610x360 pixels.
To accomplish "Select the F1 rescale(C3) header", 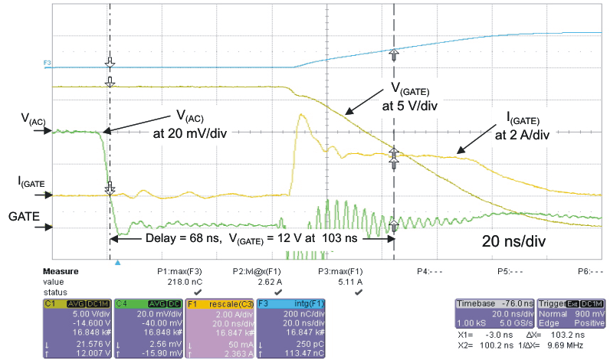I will pos(221,303).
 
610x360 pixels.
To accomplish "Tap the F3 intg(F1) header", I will pos(294,303).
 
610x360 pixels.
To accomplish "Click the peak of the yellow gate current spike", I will pos(303,115).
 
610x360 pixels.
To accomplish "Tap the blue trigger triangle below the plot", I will pos(117,262).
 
